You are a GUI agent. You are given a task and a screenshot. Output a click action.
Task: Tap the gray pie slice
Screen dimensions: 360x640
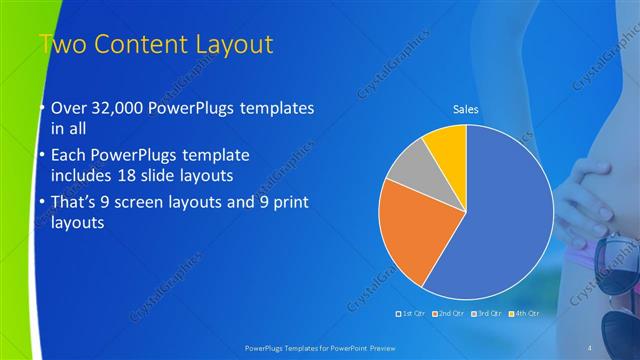408,169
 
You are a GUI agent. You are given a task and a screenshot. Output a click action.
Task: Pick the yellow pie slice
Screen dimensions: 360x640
446,149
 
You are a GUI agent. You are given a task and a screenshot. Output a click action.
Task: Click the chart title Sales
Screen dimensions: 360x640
466,109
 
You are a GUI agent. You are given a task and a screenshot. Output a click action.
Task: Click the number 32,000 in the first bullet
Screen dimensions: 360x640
116,108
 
